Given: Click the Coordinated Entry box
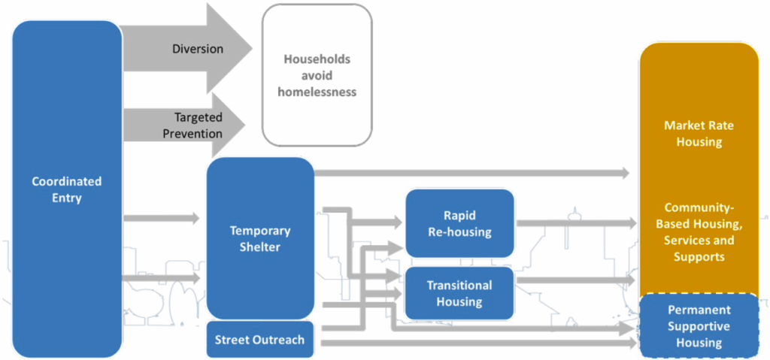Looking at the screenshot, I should [x=67, y=189].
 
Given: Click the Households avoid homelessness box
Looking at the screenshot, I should [x=317, y=75].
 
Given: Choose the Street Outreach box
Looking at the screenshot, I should [x=259, y=340].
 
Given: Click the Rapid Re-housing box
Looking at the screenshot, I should [x=459, y=223].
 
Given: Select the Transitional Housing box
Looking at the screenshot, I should [x=459, y=293].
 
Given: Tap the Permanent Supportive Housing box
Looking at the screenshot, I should [x=699, y=325].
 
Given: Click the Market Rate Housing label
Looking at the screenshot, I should [x=699, y=134].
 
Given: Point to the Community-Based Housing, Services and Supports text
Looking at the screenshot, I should [x=699, y=231].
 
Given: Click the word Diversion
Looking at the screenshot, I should [x=198, y=49].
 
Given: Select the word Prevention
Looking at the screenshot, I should [x=194, y=134].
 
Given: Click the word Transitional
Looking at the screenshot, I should [x=459, y=286].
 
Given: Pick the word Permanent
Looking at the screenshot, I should [x=699, y=310].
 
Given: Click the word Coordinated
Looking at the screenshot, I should [x=67, y=181].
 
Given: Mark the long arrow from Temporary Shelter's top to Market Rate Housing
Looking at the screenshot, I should [x=474, y=173].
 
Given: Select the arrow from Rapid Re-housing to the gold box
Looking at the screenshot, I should [x=575, y=223].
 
